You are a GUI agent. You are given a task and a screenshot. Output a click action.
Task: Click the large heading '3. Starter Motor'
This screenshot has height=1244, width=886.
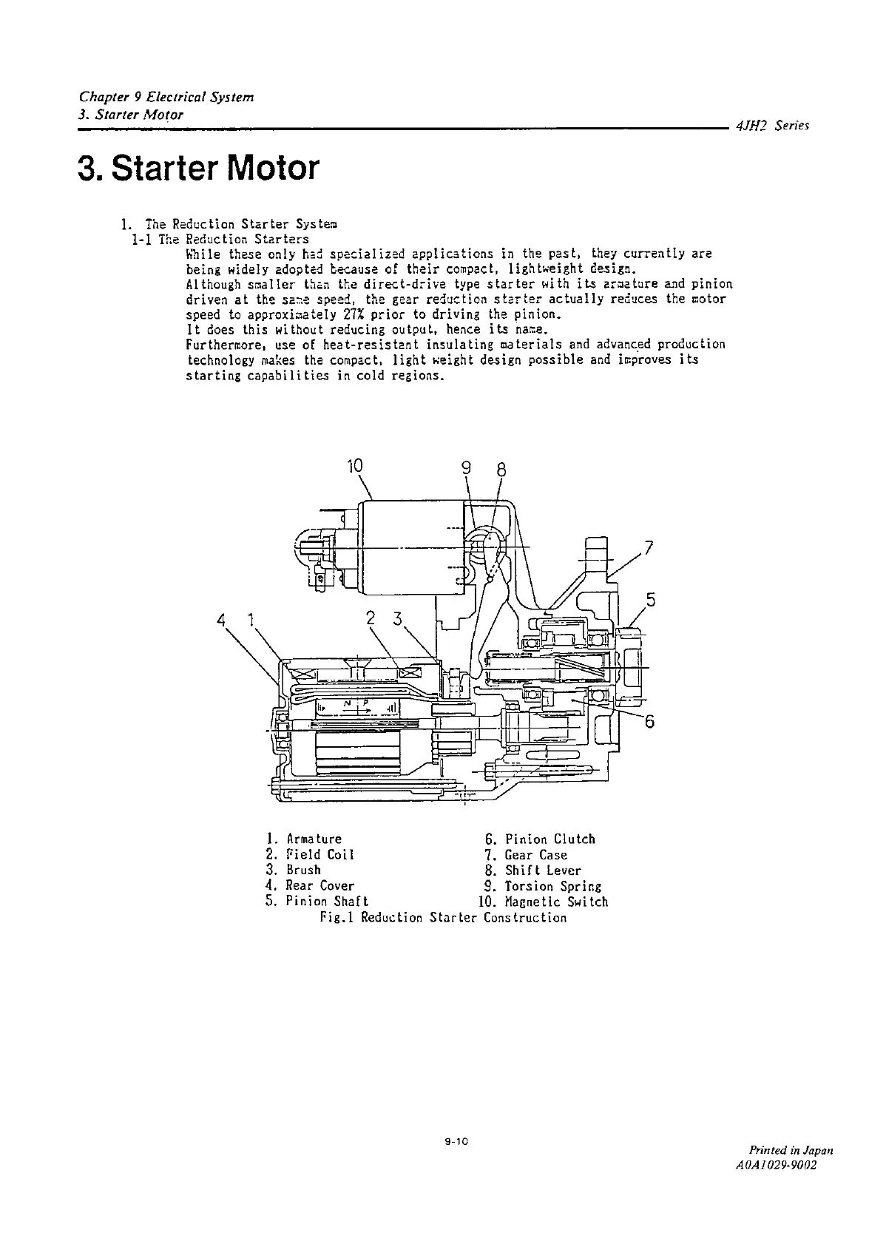(x=199, y=169)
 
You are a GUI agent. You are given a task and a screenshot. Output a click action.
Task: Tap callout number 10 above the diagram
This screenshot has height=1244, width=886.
(x=355, y=466)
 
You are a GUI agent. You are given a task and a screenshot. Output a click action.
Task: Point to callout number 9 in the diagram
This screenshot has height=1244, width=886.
(x=466, y=468)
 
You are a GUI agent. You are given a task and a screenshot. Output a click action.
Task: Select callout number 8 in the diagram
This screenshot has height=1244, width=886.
(x=501, y=470)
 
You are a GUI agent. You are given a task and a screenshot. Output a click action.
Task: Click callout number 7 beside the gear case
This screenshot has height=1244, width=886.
(x=649, y=548)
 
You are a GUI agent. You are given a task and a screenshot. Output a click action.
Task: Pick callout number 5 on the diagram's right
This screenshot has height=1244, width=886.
(x=651, y=600)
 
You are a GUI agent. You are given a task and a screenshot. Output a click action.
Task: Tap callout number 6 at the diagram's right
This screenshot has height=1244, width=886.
(x=649, y=722)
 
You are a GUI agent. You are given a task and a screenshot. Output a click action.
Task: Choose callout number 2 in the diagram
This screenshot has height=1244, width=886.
(x=371, y=618)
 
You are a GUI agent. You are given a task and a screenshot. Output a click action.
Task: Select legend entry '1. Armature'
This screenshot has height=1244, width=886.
(x=303, y=839)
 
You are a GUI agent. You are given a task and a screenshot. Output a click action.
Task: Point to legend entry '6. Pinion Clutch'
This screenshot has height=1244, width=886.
(x=540, y=839)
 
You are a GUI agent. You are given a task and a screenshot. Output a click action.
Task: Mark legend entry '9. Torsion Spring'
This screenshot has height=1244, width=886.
(x=543, y=886)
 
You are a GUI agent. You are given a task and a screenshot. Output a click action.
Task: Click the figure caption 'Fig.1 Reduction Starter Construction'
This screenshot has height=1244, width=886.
(x=443, y=918)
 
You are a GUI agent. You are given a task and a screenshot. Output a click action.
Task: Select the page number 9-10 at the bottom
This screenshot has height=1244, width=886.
(x=453, y=1142)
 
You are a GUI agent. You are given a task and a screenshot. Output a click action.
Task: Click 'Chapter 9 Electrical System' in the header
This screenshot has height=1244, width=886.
(x=166, y=98)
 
